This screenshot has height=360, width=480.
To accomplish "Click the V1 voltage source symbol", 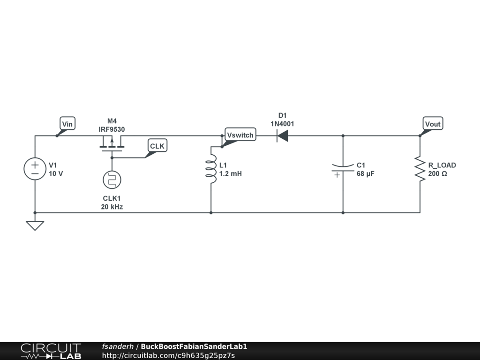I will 35,169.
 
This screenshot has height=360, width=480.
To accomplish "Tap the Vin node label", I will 67,124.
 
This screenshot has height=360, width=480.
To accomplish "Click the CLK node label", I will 157,146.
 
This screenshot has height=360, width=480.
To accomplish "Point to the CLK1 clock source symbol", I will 112,180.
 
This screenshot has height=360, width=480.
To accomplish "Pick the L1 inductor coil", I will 211,169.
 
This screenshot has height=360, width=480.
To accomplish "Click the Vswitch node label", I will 240,135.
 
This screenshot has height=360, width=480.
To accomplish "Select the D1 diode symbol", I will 282,136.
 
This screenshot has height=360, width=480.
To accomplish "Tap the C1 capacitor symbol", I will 343,169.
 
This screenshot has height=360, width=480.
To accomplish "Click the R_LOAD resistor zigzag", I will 420,169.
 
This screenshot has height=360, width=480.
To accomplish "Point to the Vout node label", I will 432,124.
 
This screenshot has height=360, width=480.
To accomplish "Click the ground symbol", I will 35,225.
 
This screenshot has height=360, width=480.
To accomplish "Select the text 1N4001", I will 282,124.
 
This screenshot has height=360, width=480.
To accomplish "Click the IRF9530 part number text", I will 112,129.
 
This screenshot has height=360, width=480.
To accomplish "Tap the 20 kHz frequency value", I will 112,206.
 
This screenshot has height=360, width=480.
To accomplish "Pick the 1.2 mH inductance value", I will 231,173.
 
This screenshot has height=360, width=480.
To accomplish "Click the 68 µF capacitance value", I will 366,173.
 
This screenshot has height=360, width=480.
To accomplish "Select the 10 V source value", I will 56,173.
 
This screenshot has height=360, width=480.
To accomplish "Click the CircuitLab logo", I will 51,351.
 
